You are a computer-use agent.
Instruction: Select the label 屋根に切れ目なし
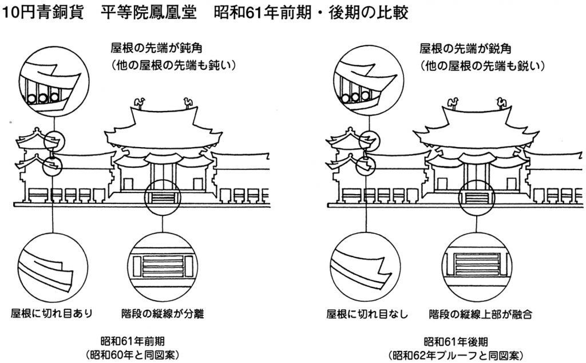click(x=366, y=314)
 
